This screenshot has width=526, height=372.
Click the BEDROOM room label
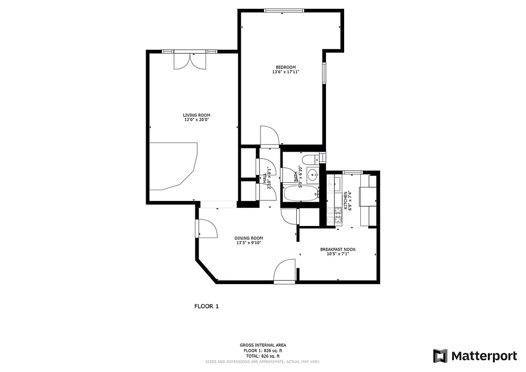pos(286,67)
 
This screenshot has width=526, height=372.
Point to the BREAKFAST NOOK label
pos(338,250)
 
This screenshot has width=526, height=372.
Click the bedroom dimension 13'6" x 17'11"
pos(286,72)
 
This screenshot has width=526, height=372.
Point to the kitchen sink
pos(333,184)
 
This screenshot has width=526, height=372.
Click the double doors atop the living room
pos(189,61)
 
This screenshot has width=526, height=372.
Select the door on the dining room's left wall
pos(205,228)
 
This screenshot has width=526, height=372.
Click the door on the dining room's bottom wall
pos(285,272)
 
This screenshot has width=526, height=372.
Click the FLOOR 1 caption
pos(206,306)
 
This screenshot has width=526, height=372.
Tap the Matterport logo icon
pos(440,356)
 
